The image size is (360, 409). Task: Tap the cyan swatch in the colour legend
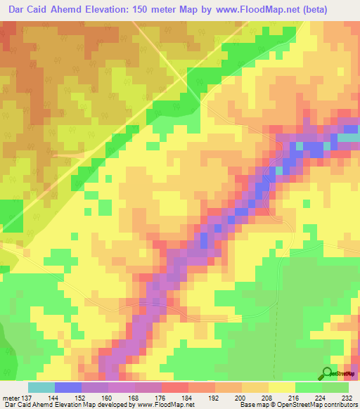pos(41,387)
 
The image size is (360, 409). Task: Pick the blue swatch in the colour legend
pos(68,387)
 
